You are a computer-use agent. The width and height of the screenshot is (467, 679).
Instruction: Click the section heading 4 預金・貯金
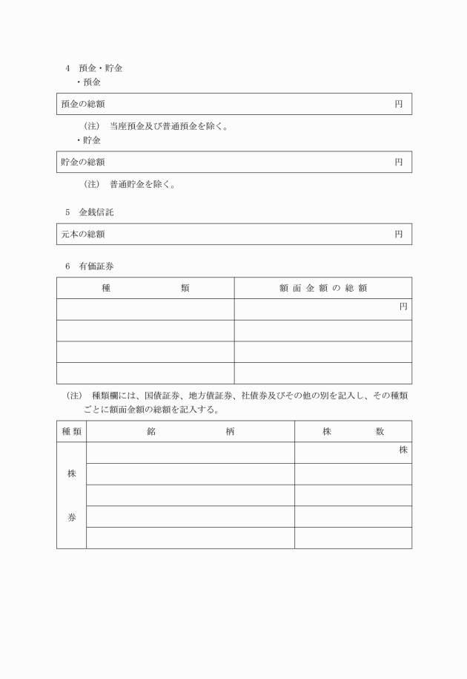tap(94, 68)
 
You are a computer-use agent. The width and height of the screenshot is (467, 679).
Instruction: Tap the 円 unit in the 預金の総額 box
tap(399, 104)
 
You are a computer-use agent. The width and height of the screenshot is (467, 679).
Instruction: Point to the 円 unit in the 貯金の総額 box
tap(399, 162)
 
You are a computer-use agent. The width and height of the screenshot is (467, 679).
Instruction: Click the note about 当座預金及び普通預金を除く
tap(156, 126)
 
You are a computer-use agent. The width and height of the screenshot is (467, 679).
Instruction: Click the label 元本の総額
tap(83, 234)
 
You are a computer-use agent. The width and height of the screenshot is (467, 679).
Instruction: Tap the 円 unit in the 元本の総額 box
tap(399, 234)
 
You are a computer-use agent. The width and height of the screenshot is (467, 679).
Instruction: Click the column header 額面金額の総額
tap(323, 288)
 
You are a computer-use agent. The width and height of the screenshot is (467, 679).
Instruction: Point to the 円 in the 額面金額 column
tap(403, 306)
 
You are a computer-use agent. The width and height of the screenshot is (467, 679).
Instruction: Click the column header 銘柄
tap(191, 431)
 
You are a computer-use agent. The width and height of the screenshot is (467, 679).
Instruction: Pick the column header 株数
tap(353, 431)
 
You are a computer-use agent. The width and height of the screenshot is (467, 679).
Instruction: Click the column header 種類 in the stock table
tap(71, 431)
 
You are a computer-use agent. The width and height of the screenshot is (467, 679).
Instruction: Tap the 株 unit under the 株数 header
tap(403, 450)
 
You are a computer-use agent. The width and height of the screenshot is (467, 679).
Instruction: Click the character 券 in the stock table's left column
tap(71, 518)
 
